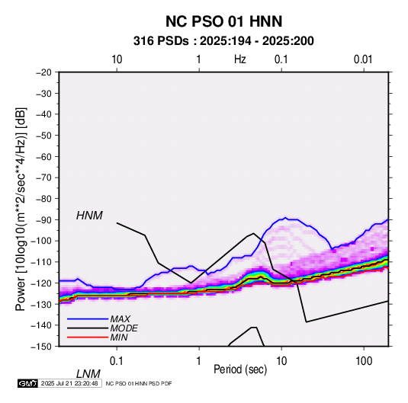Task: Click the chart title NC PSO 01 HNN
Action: pyautogui.click(x=223, y=21)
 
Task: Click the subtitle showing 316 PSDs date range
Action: pyautogui.click(x=223, y=41)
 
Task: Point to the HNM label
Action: pyautogui.click(x=89, y=216)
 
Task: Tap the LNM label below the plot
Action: pyautogui.click(x=88, y=374)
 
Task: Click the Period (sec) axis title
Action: pyautogui.click(x=240, y=369)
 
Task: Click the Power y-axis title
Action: pyautogui.click(x=21, y=209)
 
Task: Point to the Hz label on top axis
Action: pyautogui.click(x=240, y=59)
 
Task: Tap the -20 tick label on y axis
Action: pyautogui.click(x=43, y=72)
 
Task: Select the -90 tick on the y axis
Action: pyautogui.click(x=43, y=219)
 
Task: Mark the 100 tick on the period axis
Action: pyautogui.click(x=364, y=361)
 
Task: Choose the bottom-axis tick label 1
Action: pyautogui.click(x=199, y=361)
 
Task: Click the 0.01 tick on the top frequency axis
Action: pyautogui.click(x=363, y=59)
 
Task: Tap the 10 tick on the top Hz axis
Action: pyautogui.click(x=117, y=59)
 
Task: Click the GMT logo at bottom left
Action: pyautogui.click(x=27, y=383)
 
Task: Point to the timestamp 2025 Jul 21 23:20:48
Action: pyautogui.click(x=69, y=383)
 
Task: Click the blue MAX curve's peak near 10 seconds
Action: pyautogui.click(x=285, y=218)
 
